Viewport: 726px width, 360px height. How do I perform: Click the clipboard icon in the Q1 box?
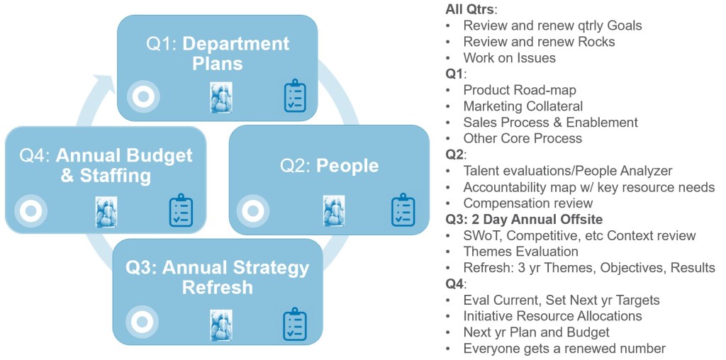pyautogui.click(x=295, y=97)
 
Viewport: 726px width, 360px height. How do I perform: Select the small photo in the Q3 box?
pyautogui.click(x=221, y=325)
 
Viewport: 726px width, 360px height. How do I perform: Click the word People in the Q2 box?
pyautogui.click(x=347, y=166)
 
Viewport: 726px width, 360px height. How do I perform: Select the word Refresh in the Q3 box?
pyautogui.click(x=217, y=288)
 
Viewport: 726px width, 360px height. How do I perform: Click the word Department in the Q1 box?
pyautogui.click(x=236, y=44)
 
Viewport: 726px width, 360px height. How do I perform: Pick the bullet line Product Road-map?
pyautogui.click(x=519, y=90)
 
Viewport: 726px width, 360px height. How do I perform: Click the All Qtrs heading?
pyautogui.click(x=471, y=9)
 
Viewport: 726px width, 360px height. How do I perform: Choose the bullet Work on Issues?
pyautogui.click(x=509, y=58)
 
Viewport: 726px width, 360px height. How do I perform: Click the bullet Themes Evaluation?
pyautogui.click(x=520, y=252)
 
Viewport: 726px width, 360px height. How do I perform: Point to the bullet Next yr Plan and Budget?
pyautogui.click(x=536, y=332)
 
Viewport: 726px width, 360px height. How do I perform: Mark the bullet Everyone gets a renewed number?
pyautogui.click(x=564, y=348)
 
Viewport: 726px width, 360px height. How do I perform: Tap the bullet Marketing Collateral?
pyautogui.click(x=523, y=106)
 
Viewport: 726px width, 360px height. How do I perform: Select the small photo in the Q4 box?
pyautogui.click(x=106, y=211)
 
